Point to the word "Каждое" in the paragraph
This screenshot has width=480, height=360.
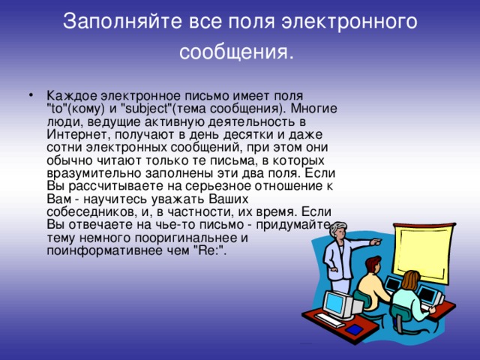pyautogui.click(x=68, y=96)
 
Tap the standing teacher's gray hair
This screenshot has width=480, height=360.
pyautogui.click(x=334, y=226)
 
